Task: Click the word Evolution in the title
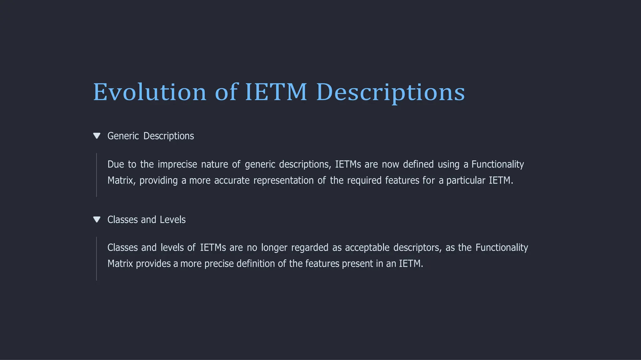(x=150, y=92)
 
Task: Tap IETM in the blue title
(x=276, y=92)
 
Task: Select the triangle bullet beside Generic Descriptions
(x=97, y=136)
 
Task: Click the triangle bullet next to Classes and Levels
(x=97, y=220)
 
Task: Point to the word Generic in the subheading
(x=123, y=136)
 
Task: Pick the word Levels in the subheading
(x=172, y=220)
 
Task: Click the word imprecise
(x=177, y=164)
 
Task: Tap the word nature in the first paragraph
(x=214, y=164)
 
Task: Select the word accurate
(x=232, y=180)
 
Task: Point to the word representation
(x=283, y=180)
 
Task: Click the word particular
(x=465, y=180)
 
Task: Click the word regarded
(x=310, y=248)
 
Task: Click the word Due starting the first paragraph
(x=115, y=164)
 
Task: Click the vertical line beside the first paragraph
(x=96, y=175)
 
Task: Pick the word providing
(x=158, y=181)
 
